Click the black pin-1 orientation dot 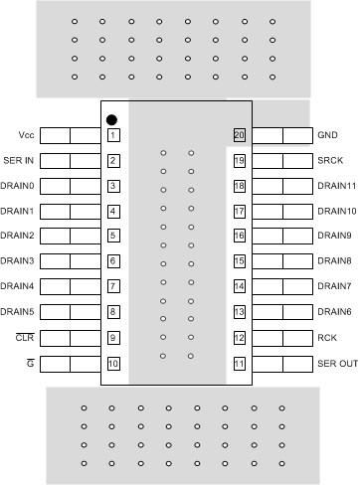click(112, 117)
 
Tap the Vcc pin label click(26, 134)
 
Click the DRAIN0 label click(18, 186)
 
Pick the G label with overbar click(33, 364)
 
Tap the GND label click(327, 134)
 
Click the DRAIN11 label click(336, 186)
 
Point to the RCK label click(327, 338)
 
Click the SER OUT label click(336, 364)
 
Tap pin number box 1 click(113, 135)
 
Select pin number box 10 click(113, 364)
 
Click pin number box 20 click(240, 135)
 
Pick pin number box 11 click(240, 364)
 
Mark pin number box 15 click(240, 261)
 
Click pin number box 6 click(113, 261)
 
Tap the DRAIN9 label click(334, 237)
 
